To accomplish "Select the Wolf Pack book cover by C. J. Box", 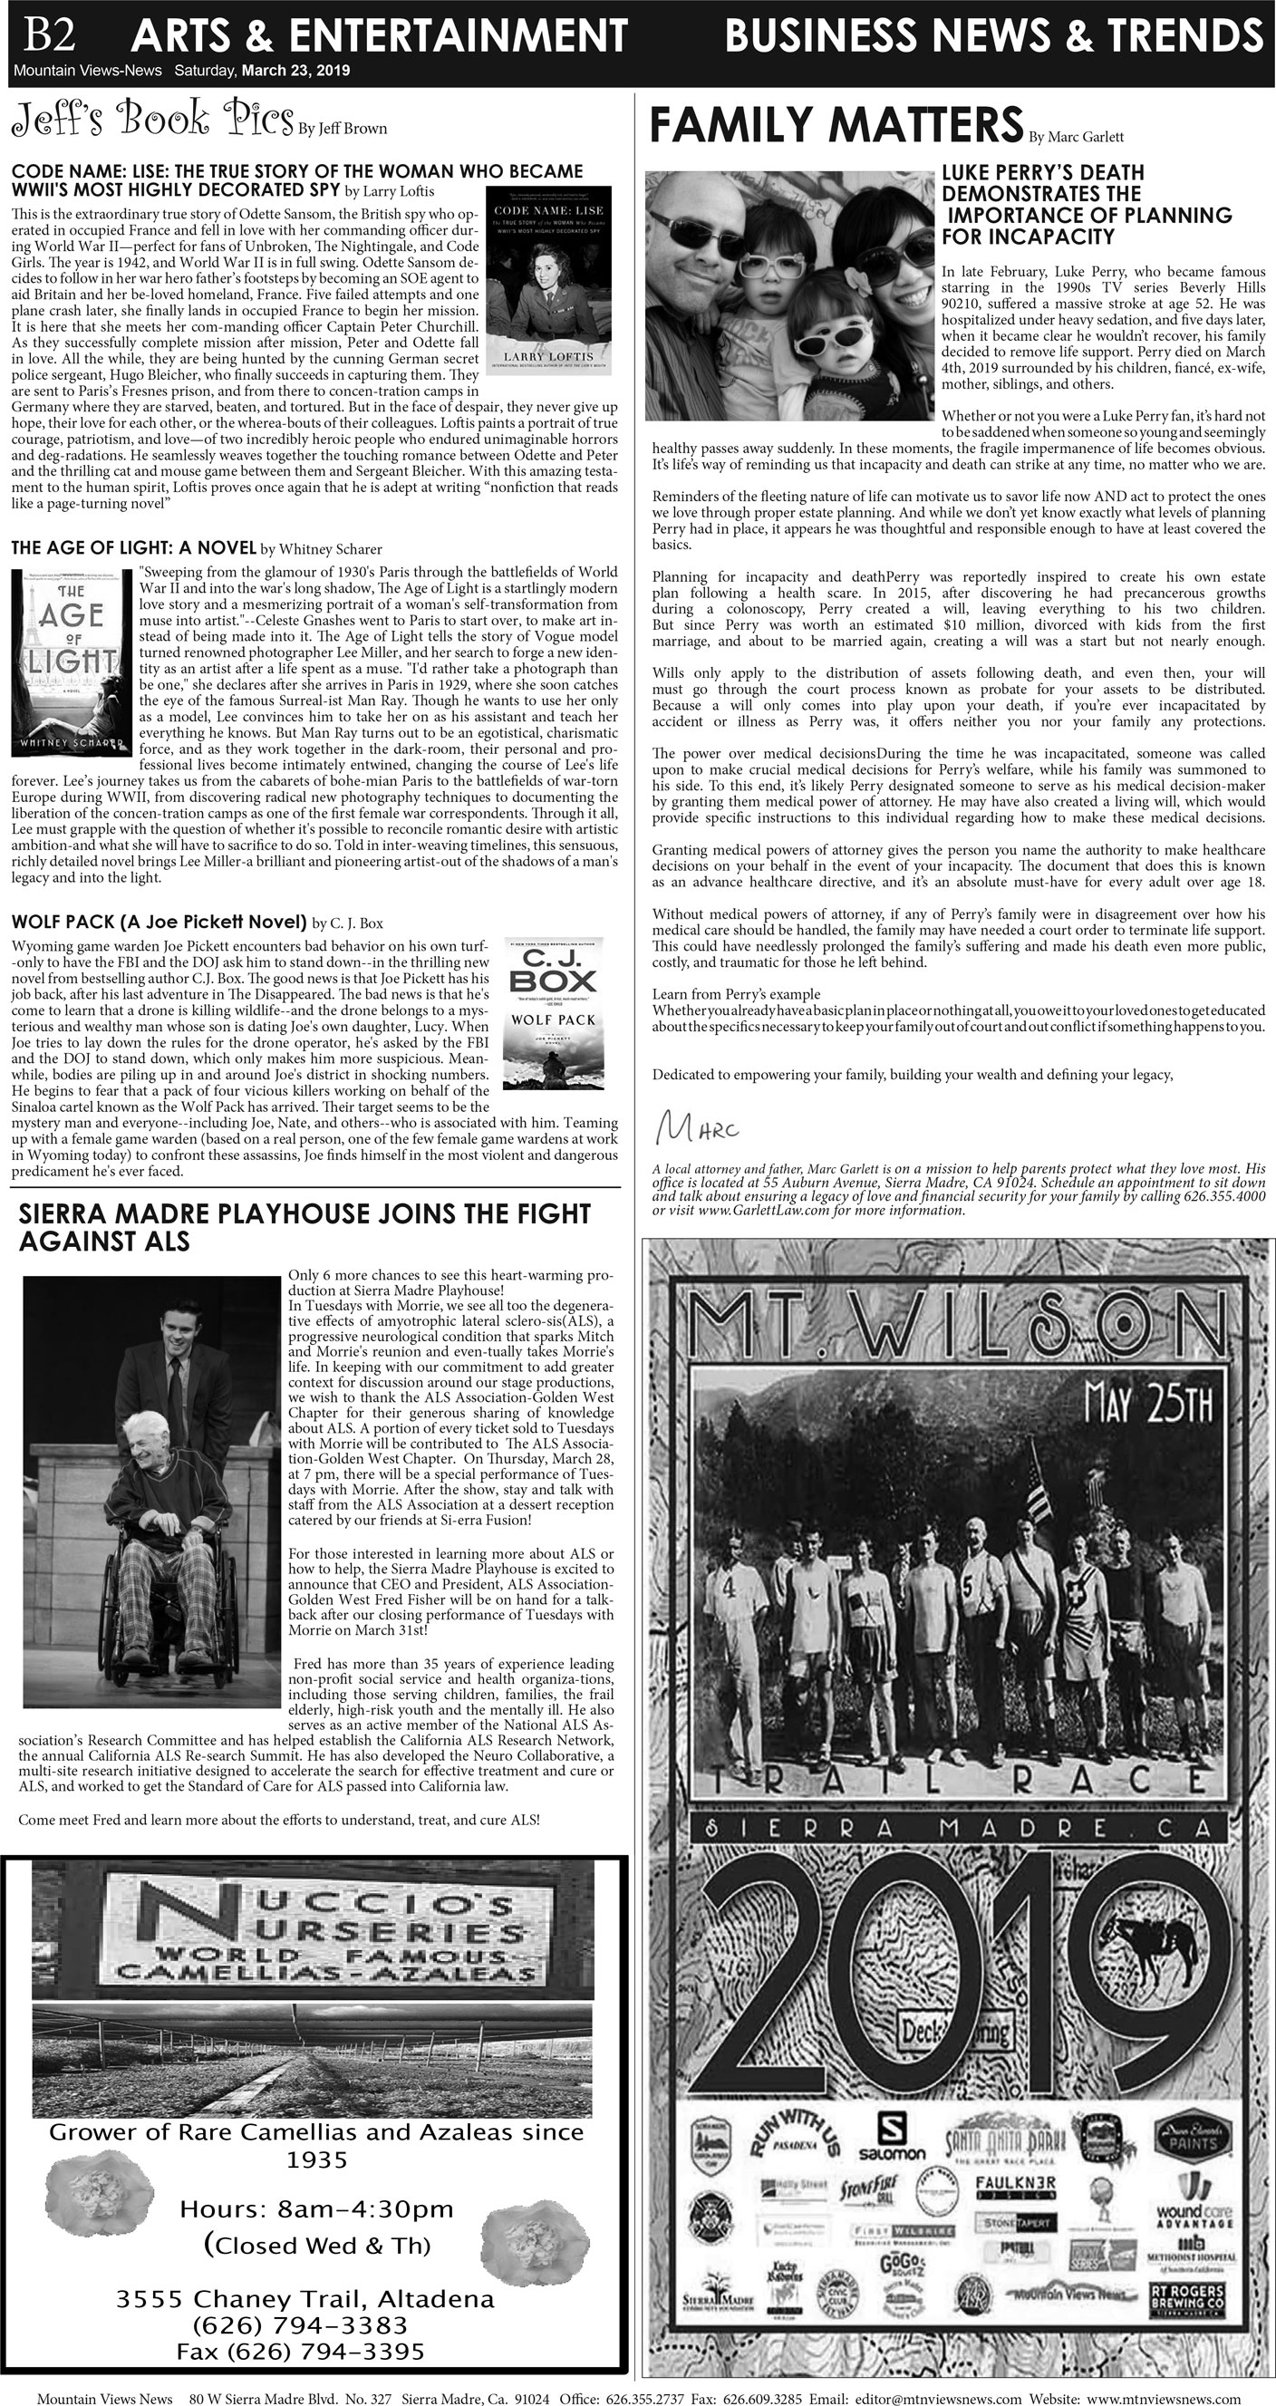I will point(553,1012).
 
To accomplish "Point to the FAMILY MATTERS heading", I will point(836,126).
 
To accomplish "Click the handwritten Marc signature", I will point(697,1128).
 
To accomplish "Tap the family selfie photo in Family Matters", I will point(790,295).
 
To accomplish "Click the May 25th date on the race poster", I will point(1149,1405).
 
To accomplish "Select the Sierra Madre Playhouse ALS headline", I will point(304,1227).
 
